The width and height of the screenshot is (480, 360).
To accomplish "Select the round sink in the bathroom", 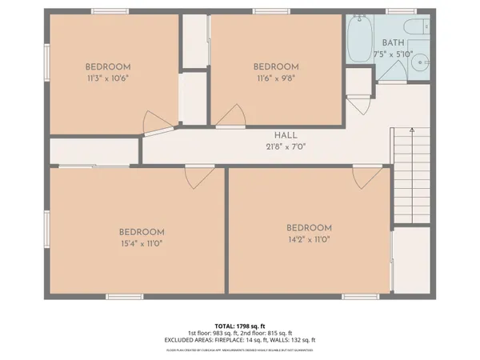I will pyautogui.click(x=422, y=62).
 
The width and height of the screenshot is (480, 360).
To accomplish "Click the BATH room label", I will pyautogui.click(x=393, y=42).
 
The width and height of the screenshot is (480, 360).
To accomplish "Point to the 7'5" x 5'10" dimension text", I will pyautogui.click(x=393, y=54).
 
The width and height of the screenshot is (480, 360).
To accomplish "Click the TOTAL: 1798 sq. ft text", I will pyautogui.click(x=240, y=326).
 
